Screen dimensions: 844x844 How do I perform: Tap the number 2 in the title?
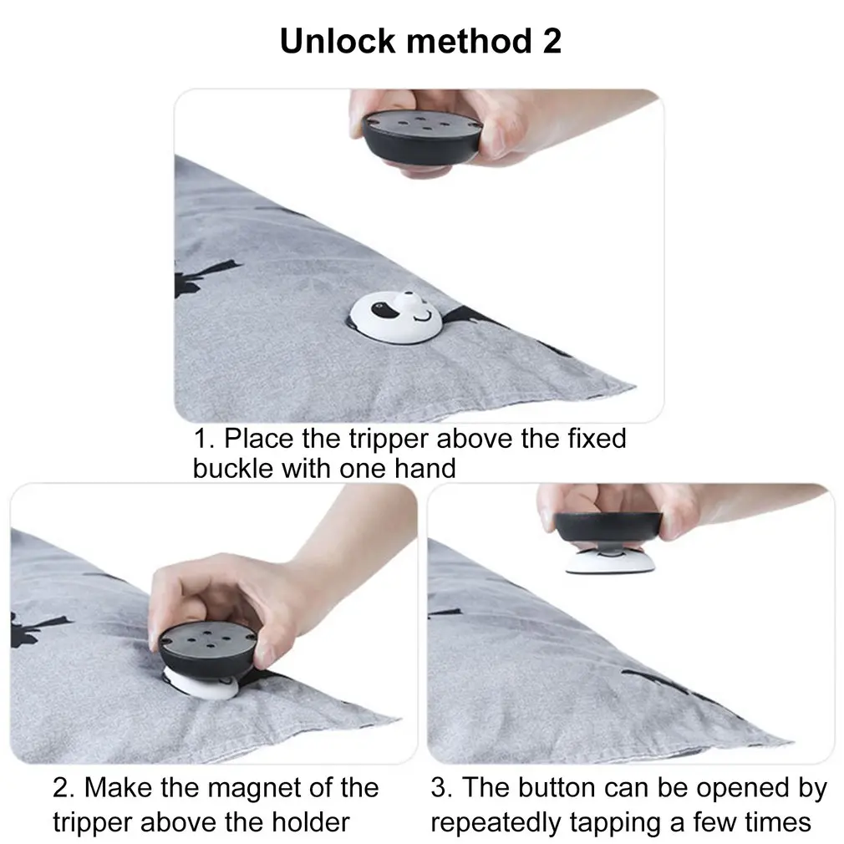(x=552, y=41)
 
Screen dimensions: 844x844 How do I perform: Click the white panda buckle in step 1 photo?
(x=396, y=318)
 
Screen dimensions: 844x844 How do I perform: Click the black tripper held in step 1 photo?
(x=421, y=137)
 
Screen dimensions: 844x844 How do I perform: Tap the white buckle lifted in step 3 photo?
(x=610, y=561)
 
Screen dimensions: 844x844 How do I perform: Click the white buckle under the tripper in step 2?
(x=201, y=684)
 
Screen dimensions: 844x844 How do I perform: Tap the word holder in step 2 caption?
(x=311, y=822)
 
